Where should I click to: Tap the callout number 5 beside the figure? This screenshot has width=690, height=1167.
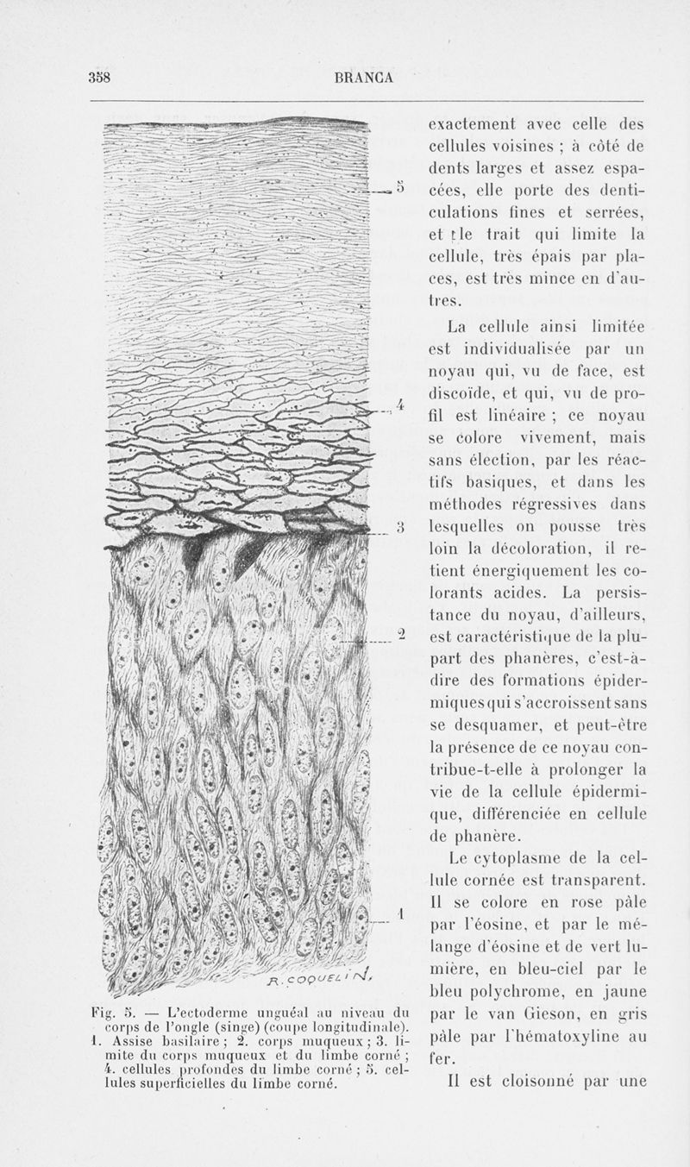click(399, 185)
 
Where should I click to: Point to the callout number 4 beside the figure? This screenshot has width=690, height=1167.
click(399, 405)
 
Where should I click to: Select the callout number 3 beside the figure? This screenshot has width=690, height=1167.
click(399, 526)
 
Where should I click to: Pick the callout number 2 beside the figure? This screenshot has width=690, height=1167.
click(400, 635)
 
